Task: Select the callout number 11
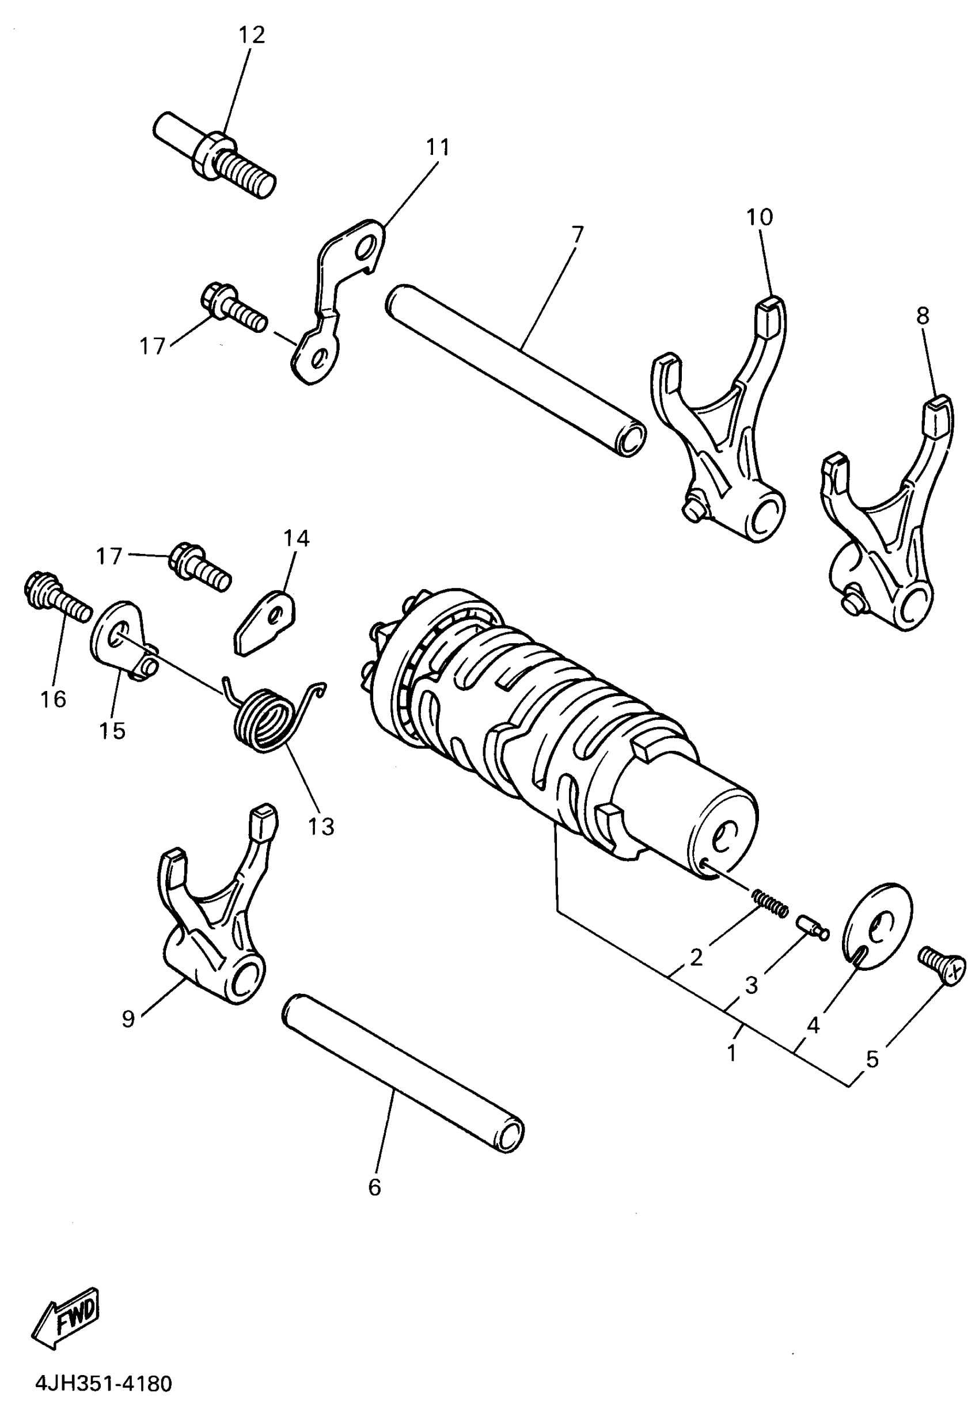click(x=438, y=147)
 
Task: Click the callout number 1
click(x=732, y=1054)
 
